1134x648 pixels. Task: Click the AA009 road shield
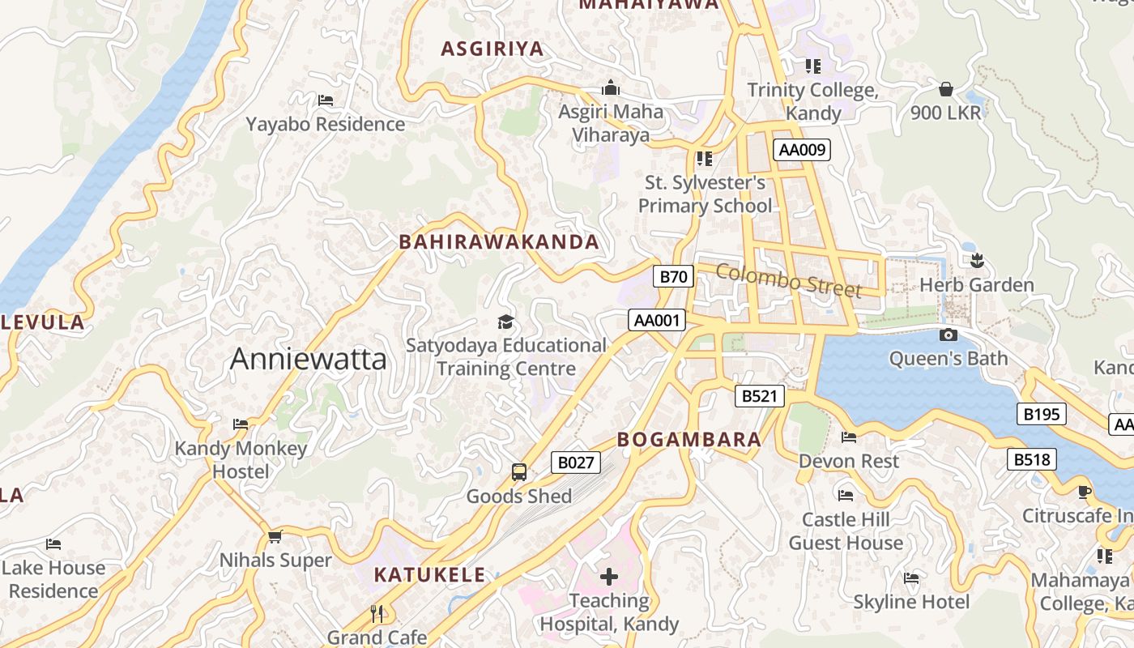802,149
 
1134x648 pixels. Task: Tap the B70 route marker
673,276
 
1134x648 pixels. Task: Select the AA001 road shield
657,320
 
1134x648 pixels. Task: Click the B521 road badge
760,395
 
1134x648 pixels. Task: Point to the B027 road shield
576,463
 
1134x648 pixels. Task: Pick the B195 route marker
1041,414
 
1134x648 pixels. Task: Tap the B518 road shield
1032,459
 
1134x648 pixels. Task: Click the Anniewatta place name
308,358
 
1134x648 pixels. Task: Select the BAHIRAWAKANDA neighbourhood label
499,241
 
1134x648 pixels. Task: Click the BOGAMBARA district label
689,440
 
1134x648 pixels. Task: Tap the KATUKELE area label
429,575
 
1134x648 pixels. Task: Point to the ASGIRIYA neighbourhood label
492,49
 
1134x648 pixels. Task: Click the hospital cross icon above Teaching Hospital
609,577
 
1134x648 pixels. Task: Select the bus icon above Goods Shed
519,471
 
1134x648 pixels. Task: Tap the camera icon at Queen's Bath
948,335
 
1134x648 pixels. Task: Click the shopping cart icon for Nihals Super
275,536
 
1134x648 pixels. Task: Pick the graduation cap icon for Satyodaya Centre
505,322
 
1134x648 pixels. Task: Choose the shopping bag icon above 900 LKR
945,88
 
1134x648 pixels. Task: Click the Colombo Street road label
788,280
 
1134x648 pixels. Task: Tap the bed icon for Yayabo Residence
326,100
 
